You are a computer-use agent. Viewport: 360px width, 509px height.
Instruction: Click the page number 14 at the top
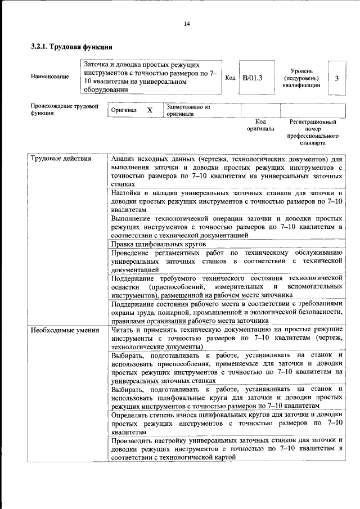pyautogui.click(x=187, y=23)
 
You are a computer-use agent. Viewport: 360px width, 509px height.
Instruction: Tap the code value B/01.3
pyautogui.click(x=252, y=78)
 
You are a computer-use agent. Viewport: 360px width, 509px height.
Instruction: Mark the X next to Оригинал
pyautogui.click(x=150, y=110)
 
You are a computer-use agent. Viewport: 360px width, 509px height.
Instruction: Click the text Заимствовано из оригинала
pyautogui.click(x=188, y=110)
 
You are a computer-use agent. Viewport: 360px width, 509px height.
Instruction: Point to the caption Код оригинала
pyautogui.click(x=260, y=125)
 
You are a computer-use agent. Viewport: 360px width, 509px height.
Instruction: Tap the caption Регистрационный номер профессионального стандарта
pyautogui.click(x=313, y=132)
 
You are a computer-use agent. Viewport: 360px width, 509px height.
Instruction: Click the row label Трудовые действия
pyautogui.click(x=61, y=159)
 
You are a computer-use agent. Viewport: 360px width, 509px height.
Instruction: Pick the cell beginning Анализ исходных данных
pyautogui.click(x=226, y=171)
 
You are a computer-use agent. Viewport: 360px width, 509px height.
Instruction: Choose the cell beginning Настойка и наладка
pyautogui.click(x=226, y=201)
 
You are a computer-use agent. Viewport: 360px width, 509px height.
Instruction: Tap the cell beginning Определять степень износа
pyautogui.click(x=226, y=422)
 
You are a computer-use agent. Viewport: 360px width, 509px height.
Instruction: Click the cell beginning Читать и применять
pyautogui.click(x=226, y=339)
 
